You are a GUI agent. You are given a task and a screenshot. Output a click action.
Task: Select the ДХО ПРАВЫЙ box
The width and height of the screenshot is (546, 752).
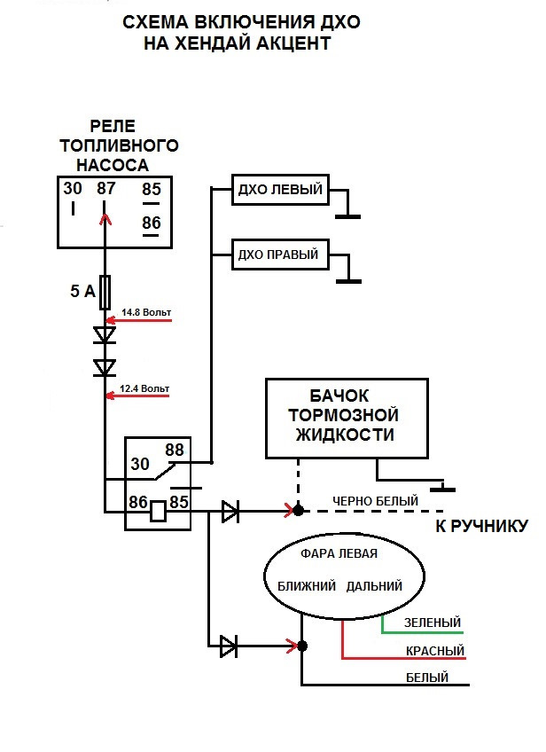point(278,255)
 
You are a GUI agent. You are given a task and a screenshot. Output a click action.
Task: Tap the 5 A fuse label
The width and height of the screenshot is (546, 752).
point(82,290)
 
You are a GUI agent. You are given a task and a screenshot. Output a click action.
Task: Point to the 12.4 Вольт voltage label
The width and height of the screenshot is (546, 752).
point(144,388)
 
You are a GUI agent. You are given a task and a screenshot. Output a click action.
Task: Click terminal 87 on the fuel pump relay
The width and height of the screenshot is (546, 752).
point(106,189)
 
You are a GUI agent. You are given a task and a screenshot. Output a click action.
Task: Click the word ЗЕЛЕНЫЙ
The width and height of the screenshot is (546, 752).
point(433,623)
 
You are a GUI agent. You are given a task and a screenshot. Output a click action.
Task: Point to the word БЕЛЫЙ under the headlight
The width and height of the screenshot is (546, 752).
point(426,678)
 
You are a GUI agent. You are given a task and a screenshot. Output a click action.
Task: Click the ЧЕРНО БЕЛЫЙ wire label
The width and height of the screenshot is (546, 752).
point(375,501)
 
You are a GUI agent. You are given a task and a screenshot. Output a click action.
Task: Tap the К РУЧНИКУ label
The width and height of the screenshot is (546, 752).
point(481,527)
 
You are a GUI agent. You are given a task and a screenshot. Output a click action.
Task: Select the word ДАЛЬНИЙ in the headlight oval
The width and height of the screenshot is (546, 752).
point(374,586)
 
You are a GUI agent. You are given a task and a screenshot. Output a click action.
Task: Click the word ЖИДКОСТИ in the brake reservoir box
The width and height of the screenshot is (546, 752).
point(344,435)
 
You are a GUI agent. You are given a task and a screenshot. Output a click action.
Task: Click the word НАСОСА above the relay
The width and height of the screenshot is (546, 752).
point(111,165)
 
